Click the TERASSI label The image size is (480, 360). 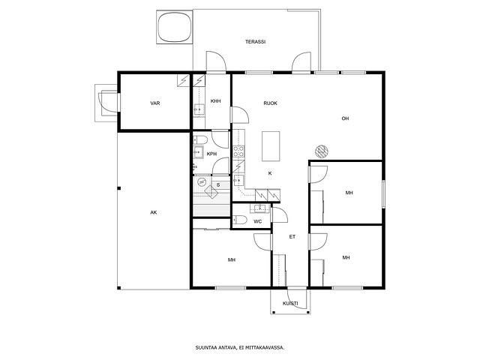(255, 42)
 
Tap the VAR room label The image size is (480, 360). (155, 103)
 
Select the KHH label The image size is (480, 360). (215, 101)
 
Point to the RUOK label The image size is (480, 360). (270, 103)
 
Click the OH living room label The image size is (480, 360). (345, 118)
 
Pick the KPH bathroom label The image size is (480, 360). (211, 154)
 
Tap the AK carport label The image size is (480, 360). (154, 212)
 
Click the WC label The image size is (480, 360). (257, 221)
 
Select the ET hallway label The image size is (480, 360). (292, 237)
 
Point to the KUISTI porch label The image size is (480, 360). (290, 303)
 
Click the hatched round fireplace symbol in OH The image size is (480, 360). (322, 151)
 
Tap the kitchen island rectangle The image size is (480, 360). (271, 146)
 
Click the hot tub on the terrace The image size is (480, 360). (175, 27)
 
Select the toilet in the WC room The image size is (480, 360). (240, 220)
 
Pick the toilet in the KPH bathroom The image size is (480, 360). (200, 140)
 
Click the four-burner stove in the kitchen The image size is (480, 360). (238, 151)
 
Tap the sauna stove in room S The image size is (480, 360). (211, 192)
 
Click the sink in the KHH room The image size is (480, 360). (199, 109)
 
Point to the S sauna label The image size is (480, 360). (218, 185)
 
